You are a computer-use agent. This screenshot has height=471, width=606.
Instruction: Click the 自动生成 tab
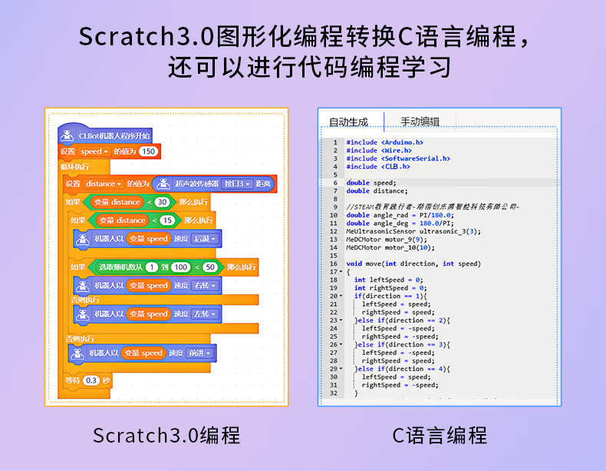click(x=348, y=121)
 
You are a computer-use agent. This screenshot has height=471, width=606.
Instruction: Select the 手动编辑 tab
click(x=420, y=121)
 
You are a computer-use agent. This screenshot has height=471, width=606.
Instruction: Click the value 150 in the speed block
click(x=148, y=151)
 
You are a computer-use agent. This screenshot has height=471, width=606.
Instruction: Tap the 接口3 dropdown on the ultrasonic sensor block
click(x=237, y=184)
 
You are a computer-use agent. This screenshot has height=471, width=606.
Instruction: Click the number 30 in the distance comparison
click(x=161, y=202)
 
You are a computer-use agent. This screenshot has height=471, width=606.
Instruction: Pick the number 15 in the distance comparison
click(x=165, y=221)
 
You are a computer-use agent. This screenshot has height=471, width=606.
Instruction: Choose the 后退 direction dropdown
click(x=203, y=239)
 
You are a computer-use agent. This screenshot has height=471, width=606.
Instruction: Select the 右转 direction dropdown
click(x=203, y=285)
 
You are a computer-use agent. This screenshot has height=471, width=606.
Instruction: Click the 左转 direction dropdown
click(x=203, y=313)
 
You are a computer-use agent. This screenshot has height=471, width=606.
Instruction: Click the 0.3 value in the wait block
click(x=92, y=380)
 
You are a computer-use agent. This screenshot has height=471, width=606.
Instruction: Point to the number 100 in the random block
click(x=180, y=267)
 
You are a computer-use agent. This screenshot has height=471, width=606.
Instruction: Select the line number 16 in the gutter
click(x=335, y=264)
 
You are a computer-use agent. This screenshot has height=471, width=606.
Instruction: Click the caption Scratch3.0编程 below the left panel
click(x=166, y=436)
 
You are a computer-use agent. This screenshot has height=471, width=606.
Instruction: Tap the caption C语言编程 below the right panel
click(x=440, y=436)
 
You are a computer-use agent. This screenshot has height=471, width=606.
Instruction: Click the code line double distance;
click(x=377, y=191)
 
